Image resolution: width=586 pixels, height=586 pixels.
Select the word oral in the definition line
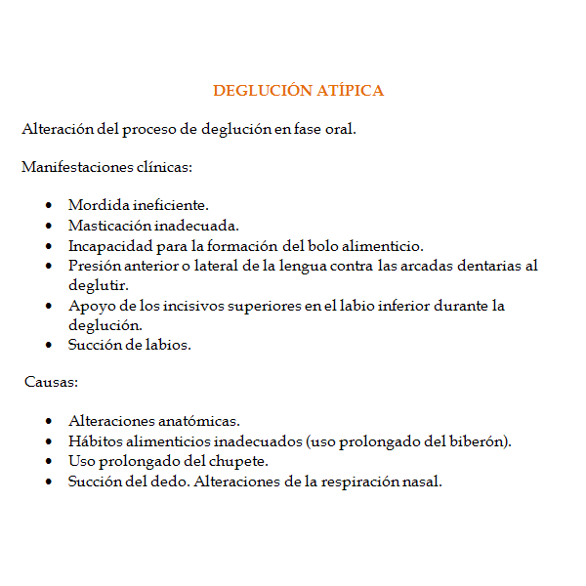[341, 130]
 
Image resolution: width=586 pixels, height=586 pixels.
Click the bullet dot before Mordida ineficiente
[49, 206]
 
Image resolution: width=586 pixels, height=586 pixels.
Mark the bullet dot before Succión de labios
[49, 345]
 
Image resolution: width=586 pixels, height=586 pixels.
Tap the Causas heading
[51, 381]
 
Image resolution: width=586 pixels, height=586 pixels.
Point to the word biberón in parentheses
[479, 441]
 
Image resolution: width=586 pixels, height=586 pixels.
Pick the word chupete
[236, 461]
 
